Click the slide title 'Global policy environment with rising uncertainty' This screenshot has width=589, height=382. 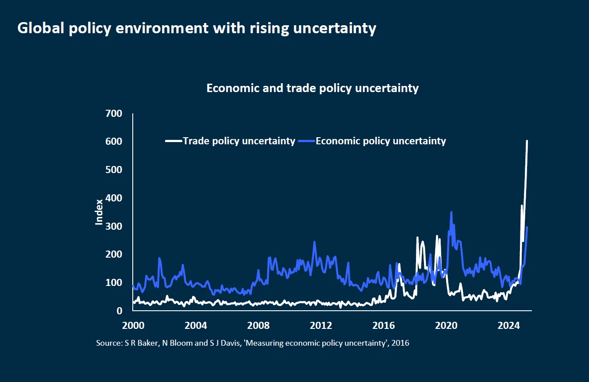(196, 28)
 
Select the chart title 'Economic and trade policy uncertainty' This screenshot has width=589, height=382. (312, 88)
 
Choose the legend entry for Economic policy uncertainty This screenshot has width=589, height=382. (381, 141)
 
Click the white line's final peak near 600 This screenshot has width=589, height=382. (527, 141)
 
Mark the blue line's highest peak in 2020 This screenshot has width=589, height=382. (451, 212)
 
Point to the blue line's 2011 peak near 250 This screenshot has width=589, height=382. (314, 242)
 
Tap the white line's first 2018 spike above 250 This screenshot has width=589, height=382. (417, 238)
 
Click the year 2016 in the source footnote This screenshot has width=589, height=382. (401, 343)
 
